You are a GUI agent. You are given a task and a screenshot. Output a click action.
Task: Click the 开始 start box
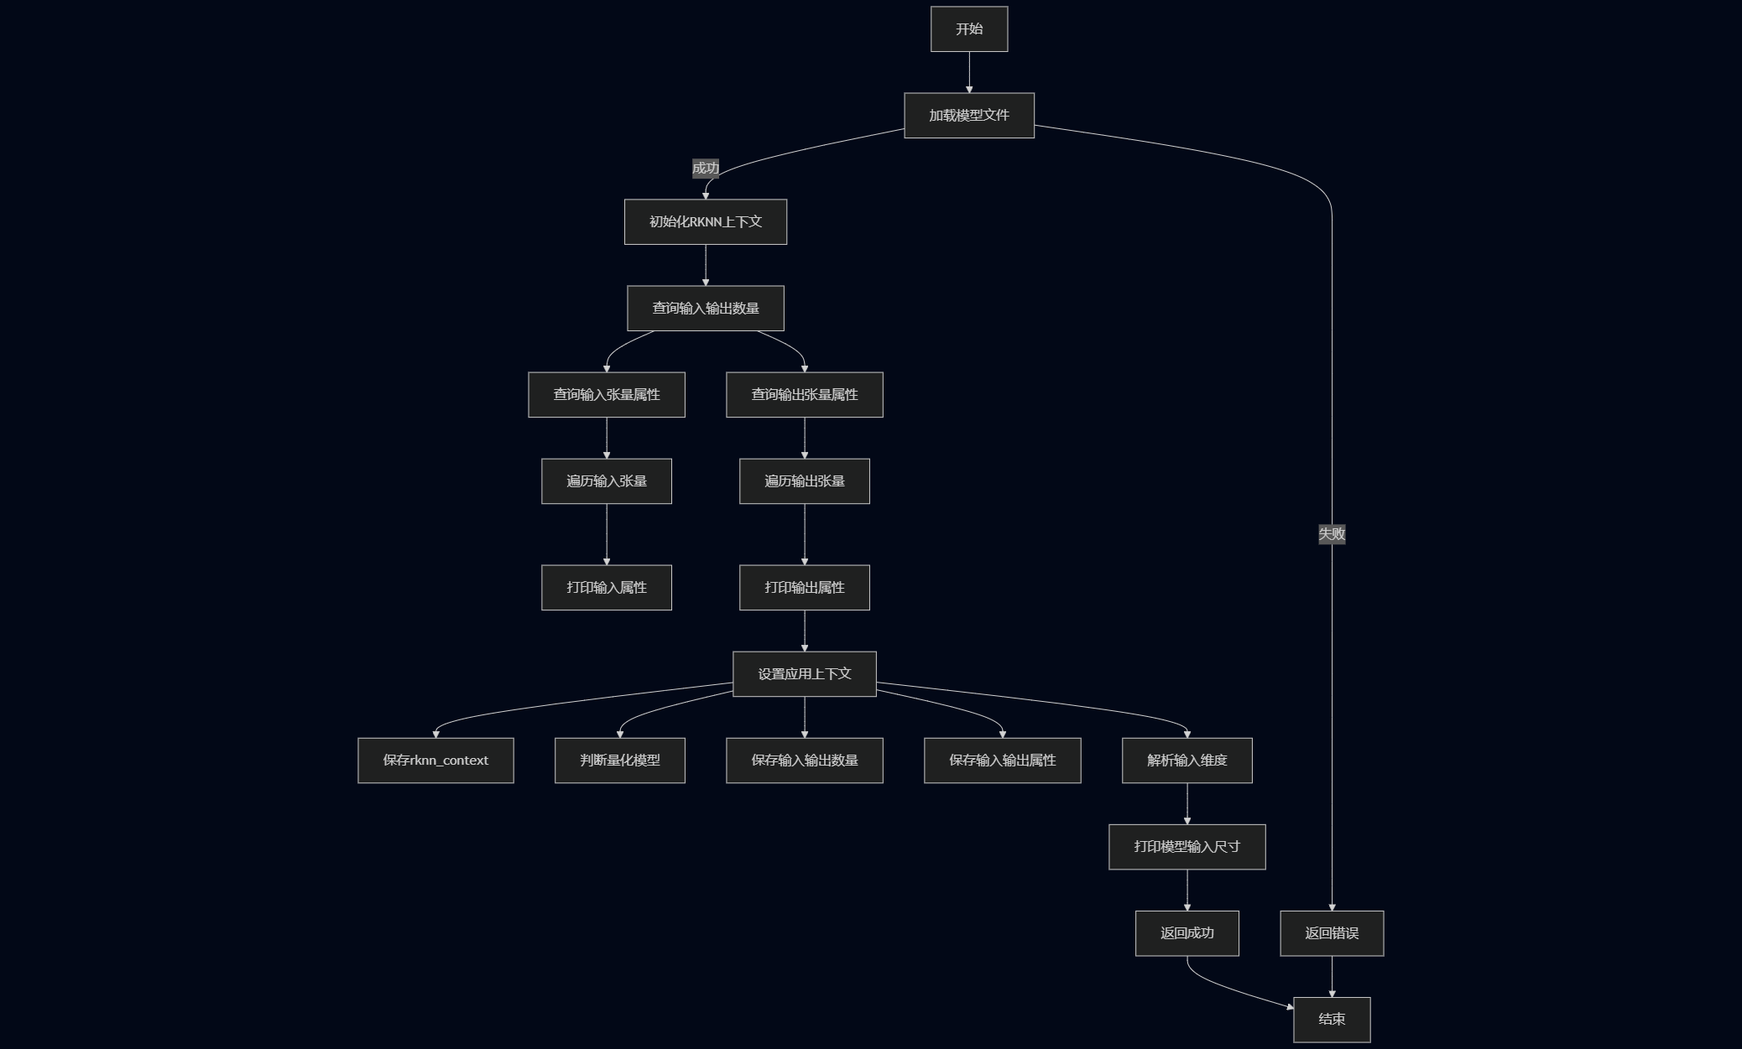(969, 29)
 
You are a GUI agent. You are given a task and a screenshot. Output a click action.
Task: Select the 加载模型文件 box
(969, 116)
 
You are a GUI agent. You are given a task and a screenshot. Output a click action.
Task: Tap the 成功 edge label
(706, 169)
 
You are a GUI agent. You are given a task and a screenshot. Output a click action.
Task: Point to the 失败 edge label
(1332, 534)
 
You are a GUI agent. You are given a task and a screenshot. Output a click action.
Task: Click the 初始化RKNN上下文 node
(706, 222)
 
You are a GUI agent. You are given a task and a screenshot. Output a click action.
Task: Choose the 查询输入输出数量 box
(706, 309)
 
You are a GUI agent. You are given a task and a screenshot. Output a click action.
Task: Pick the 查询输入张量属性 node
(607, 395)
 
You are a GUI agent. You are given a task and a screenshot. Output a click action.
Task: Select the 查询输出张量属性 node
(805, 395)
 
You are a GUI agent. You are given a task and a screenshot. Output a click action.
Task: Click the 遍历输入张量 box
(607, 481)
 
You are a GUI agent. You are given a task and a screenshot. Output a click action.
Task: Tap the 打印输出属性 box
(805, 588)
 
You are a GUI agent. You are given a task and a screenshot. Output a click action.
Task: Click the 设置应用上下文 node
(805, 674)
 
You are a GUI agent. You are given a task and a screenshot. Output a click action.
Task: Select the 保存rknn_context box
(435, 761)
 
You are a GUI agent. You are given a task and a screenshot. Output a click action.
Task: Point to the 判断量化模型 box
(620, 761)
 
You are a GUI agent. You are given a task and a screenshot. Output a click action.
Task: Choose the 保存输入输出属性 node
(1003, 761)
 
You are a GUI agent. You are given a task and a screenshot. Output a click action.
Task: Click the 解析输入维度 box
(1187, 761)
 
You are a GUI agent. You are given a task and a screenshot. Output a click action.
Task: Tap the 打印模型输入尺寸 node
(1187, 847)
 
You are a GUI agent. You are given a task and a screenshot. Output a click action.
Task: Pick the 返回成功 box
(1187, 933)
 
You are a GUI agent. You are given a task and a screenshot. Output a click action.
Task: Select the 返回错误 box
(1332, 933)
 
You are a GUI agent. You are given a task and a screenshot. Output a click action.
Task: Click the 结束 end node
(1332, 1020)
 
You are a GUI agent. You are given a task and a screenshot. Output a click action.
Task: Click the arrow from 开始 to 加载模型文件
(969, 72)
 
